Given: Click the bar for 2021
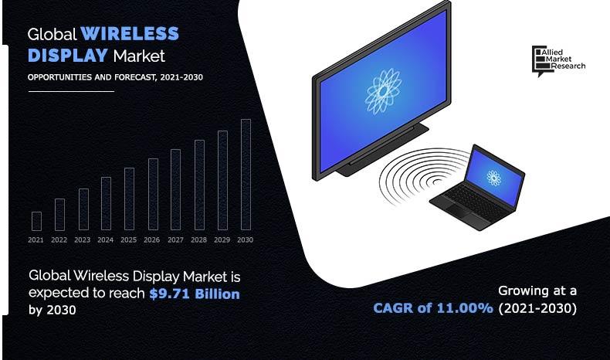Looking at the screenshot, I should pos(36,221).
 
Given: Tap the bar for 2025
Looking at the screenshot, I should pos(129,199).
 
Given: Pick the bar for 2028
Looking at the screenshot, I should pos(199,185).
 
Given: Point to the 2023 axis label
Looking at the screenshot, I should pos(83,240).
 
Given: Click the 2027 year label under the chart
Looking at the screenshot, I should pos(175,240).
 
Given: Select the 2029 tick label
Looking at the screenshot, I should pos(222,240).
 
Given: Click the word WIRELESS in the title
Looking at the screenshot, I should pos(130,34).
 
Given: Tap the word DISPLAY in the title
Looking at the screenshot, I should pos(68,56).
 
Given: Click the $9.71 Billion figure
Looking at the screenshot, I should pos(195,294).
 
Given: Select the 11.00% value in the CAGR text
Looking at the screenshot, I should pos(466,308).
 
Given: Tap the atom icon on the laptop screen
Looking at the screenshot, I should pos(493,177).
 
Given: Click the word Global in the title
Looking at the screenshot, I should pos(53,34).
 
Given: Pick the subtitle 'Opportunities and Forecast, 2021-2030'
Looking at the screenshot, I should pos(116,77).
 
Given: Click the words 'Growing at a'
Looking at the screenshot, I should pos(537,291).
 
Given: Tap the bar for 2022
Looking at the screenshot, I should pos(59,215).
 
